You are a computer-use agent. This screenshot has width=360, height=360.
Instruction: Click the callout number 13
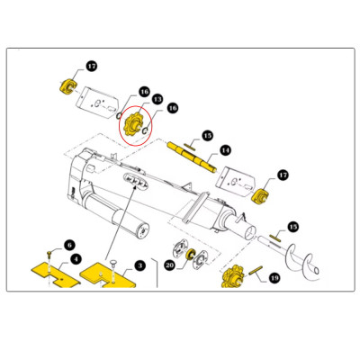pos(157,99)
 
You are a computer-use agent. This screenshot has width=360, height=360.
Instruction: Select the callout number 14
pos(225,150)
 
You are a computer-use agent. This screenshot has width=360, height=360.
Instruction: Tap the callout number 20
pos(169,265)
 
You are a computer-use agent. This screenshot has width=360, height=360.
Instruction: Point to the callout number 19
pos(274,278)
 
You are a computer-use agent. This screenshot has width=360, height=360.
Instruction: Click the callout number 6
pos(69,245)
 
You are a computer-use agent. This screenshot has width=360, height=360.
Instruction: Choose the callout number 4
pos(76,258)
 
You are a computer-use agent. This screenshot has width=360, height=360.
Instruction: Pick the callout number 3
pos(139,265)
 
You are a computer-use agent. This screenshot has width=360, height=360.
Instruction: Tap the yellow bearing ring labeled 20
pos(190,255)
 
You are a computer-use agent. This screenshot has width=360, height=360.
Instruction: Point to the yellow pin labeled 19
pos(256,270)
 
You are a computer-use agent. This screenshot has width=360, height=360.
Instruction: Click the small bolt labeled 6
pos(49,255)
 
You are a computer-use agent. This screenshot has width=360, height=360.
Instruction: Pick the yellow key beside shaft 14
pos(190,147)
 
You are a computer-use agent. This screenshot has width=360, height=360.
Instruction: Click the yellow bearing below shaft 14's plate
pos(259,196)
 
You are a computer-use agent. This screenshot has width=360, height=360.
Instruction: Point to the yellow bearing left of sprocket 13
pos(67,86)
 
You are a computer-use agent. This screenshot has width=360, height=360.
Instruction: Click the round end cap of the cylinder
pos(142,231)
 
